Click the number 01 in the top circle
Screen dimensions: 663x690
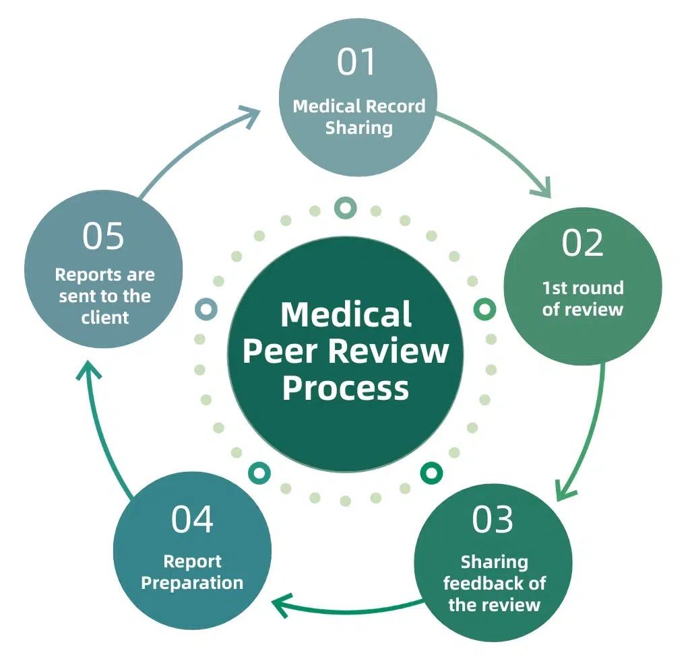click(x=357, y=62)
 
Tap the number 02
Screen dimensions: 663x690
click(x=583, y=243)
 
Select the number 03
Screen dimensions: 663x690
click(x=493, y=519)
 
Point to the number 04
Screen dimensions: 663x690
click(x=192, y=519)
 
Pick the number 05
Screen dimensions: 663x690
click(x=104, y=236)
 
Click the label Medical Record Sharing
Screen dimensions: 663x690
click(x=359, y=117)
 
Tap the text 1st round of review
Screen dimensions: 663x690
click(x=583, y=299)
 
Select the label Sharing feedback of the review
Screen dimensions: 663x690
click(x=494, y=583)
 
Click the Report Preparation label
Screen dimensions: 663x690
click(x=192, y=572)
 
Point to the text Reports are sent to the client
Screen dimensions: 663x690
click(x=104, y=296)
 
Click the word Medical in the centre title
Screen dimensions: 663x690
click(x=346, y=315)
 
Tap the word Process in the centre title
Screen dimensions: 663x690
click(x=346, y=388)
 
